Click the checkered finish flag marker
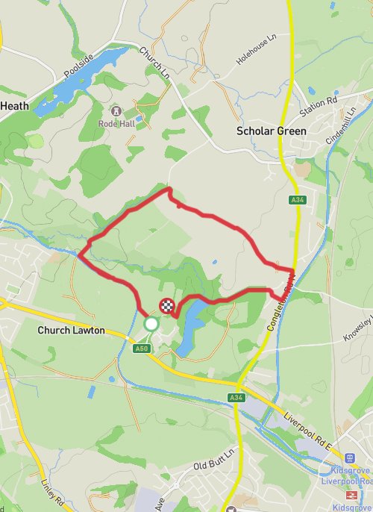point(168,305)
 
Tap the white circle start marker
point(151,323)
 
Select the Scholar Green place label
point(271,131)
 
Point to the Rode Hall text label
point(116,125)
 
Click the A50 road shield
point(142,349)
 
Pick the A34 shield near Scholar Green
point(298,200)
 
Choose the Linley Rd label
point(53,490)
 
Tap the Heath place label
point(14,106)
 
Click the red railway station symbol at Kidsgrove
point(350,495)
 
